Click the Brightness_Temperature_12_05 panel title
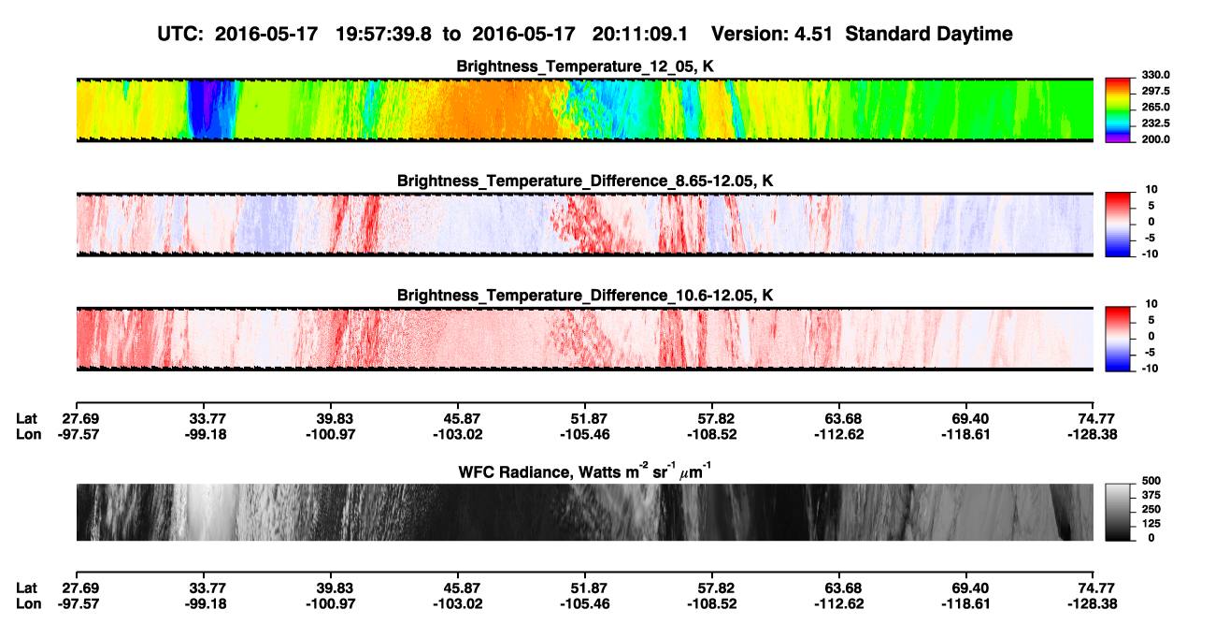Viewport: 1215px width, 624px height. (x=585, y=66)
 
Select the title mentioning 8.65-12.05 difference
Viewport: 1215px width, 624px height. (x=585, y=181)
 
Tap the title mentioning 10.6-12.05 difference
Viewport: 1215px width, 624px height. (x=585, y=296)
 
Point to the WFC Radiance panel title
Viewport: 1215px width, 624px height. (x=585, y=471)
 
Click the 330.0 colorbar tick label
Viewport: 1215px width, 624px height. (x=1155, y=75)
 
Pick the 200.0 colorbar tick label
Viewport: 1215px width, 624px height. (x=1155, y=139)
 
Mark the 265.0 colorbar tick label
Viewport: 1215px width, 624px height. (x=1155, y=107)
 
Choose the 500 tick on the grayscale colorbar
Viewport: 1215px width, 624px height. (x=1151, y=481)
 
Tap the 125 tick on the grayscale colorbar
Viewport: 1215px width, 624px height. (x=1151, y=524)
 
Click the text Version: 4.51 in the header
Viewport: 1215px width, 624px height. (x=772, y=34)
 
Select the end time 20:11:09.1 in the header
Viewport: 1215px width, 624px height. (x=640, y=34)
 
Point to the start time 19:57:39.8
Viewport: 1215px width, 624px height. (x=383, y=34)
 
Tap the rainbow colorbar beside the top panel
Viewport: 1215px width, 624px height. (x=1118, y=110)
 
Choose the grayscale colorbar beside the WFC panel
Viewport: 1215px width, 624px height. (x=1118, y=512)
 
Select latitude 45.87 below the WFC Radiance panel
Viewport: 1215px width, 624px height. (x=458, y=588)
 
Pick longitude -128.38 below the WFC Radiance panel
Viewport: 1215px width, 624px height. (x=1092, y=604)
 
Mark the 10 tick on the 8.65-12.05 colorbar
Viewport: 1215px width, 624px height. (x=1151, y=190)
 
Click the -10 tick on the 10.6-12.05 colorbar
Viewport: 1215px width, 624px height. (x=1150, y=369)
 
